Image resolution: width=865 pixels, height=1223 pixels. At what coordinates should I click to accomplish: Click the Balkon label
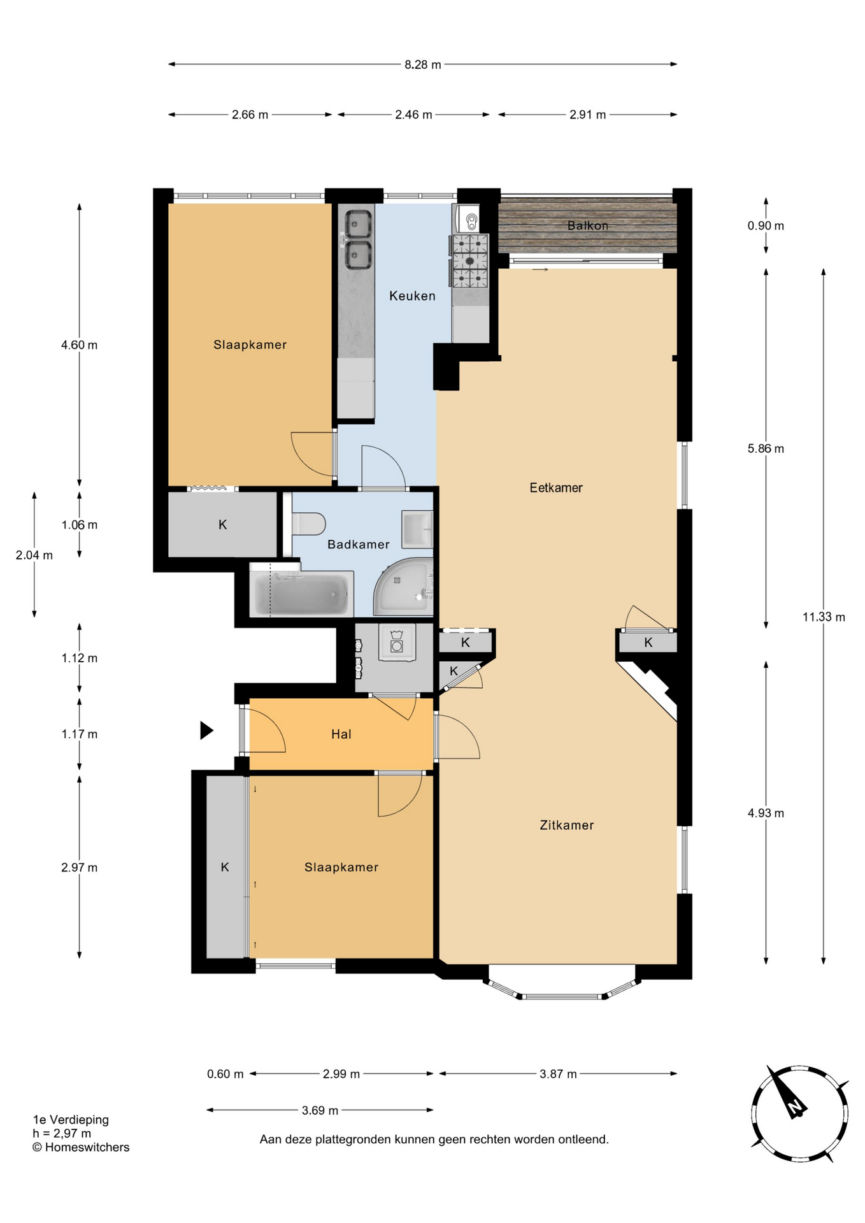pyautogui.click(x=587, y=225)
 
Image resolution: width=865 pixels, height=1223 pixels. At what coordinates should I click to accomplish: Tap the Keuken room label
pyautogui.click(x=412, y=296)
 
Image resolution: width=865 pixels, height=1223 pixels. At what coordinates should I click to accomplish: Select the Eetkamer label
pyautogui.click(x=556, y=487)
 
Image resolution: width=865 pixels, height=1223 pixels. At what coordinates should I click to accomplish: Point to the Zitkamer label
pyautogui.click(x=566, y=825)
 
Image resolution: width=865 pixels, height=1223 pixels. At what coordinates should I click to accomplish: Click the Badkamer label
pyautogui.click(x=358, y=544)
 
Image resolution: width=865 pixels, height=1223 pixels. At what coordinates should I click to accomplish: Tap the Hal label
pyautogui.click(x=341, y=734)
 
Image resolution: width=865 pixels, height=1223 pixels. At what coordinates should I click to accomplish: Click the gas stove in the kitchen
pyautogui.click(x=469, y=261)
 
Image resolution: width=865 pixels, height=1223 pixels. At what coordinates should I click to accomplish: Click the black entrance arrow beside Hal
pyautogui.click(x=206, y=730)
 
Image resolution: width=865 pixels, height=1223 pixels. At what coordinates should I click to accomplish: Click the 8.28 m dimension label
pyautogui.click(x=423, y=64)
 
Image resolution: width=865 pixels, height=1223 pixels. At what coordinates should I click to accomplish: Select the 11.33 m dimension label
pyautogui.click(x=824, y=617)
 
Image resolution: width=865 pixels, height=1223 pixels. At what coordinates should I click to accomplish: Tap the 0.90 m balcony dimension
pyautogui.click(x=766, y=225)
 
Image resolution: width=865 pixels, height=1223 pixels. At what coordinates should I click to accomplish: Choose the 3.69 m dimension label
pyautogui.click(x=320, y=1110)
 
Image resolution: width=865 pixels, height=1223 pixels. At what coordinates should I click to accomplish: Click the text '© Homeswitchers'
pyautogui.click(x=81, y=1147)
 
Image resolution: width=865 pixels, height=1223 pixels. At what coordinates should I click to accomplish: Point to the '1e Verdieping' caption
pyautogui.click(x=71, y=1119)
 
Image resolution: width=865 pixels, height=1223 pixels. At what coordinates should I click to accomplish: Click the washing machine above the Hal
pyautogui.click(x=397, y=642)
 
